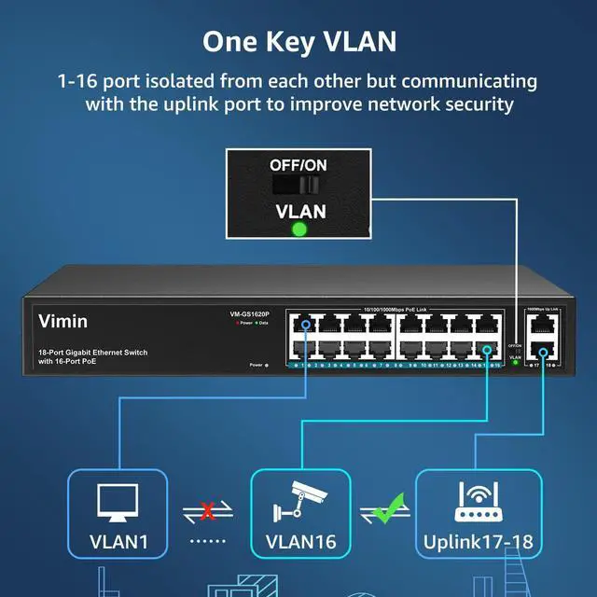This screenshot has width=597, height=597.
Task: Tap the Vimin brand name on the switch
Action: point(62,322)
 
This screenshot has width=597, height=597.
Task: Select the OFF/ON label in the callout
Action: point(298,164)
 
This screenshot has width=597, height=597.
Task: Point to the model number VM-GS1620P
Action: point(230,313)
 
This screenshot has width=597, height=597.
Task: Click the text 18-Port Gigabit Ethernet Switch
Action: point(93,352)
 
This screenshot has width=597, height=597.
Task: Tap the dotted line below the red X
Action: point(208,541)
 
